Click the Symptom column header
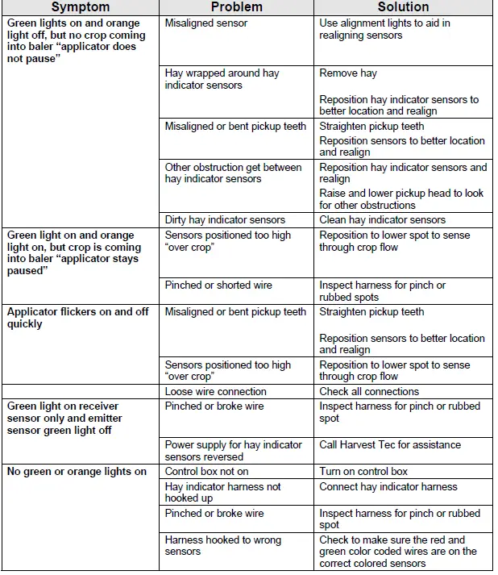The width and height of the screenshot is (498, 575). [80, 7]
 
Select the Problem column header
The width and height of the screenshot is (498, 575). [236, 7]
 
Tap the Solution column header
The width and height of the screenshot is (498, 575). [403, 7]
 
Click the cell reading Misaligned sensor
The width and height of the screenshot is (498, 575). [206, 23]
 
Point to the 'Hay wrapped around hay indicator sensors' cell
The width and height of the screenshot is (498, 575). [222, 79]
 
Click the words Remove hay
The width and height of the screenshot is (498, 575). [348, 73]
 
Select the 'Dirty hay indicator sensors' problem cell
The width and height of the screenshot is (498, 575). [225, 219]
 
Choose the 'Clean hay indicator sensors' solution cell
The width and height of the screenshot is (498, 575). [382, 219]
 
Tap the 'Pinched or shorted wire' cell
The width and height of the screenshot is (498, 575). [218, 285]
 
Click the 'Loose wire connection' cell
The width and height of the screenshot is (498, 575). [215, 392]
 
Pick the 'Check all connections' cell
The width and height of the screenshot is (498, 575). [369, 392]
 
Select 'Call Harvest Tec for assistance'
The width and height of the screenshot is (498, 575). [390, 445]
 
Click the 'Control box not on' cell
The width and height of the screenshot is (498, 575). [206, 472]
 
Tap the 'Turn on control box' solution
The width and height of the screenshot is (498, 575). [363, 472]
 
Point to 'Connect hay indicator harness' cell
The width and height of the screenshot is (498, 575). [388, 487]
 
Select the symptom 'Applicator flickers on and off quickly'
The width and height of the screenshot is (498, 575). [77, 318]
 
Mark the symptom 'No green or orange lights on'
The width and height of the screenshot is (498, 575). [77, 472]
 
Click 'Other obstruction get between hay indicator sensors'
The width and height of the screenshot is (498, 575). [233, 173]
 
